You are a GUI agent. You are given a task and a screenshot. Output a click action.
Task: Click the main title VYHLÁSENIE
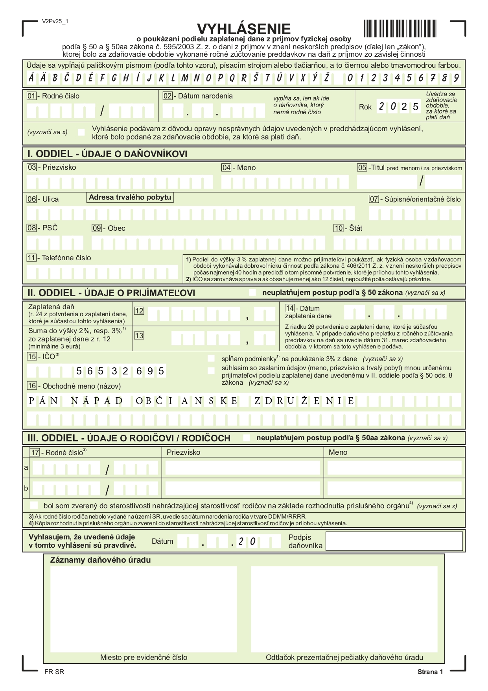click(x=243, y=29)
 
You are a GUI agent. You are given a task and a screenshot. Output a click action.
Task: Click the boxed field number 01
click(x=31, y=96)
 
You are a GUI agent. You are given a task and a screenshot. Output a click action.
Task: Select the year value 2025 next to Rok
click(x=398, y=107)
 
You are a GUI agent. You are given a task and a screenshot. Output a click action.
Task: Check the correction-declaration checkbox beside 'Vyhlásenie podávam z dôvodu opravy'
click(x=81, y=132)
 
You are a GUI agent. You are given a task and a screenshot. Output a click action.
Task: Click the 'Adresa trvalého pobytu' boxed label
click(x=130, y=197)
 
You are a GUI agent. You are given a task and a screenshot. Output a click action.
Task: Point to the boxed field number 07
click(x=374, y=199)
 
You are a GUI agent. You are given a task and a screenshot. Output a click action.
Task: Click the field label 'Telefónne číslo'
click(x=66, y=258)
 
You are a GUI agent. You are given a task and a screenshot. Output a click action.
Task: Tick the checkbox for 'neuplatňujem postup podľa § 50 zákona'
click(x=252, y=293)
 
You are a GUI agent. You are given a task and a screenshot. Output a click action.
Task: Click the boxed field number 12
click(x=139, y=311)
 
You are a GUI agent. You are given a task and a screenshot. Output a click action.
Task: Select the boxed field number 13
click(x=139, y=335)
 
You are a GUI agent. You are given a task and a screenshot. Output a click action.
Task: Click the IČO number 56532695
click(x=120, y=371)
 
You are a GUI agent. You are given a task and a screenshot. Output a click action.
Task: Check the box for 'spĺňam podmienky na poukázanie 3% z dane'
click(x=211, y=359)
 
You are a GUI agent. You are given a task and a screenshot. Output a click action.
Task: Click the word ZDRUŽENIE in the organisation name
click(x=304, y=401)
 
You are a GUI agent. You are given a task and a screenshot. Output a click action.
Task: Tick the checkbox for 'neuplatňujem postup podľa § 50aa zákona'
click(x=247, y=438)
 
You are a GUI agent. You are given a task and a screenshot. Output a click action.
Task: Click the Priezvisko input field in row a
click(x=243, y=468)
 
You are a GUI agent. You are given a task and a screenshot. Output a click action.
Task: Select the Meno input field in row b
click(x=394, y=489)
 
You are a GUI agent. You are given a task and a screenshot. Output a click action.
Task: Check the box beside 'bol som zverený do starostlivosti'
click(x=35, y=506)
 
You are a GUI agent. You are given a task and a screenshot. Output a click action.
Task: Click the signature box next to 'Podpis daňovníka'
click(x=394, y=541)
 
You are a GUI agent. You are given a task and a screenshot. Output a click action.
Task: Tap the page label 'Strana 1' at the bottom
click(x=430, y=672)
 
